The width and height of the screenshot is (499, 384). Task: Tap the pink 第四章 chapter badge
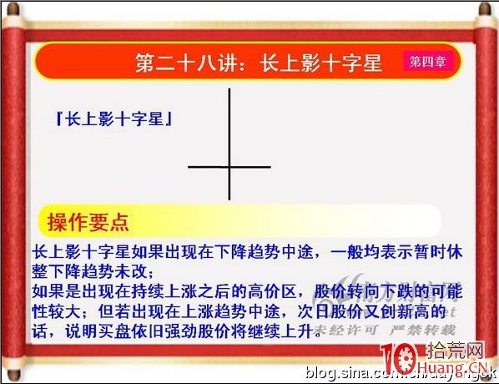click(426, 61)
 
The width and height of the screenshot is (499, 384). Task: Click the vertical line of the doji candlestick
click(229, 125)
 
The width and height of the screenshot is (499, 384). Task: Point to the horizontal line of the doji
click(204, 167)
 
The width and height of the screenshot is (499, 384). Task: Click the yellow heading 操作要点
click(88, 222)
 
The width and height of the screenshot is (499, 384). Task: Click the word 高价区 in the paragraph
click(272, 293)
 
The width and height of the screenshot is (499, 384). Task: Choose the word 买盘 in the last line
click(125, 331)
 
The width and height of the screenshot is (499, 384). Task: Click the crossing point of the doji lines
click(229, 167)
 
